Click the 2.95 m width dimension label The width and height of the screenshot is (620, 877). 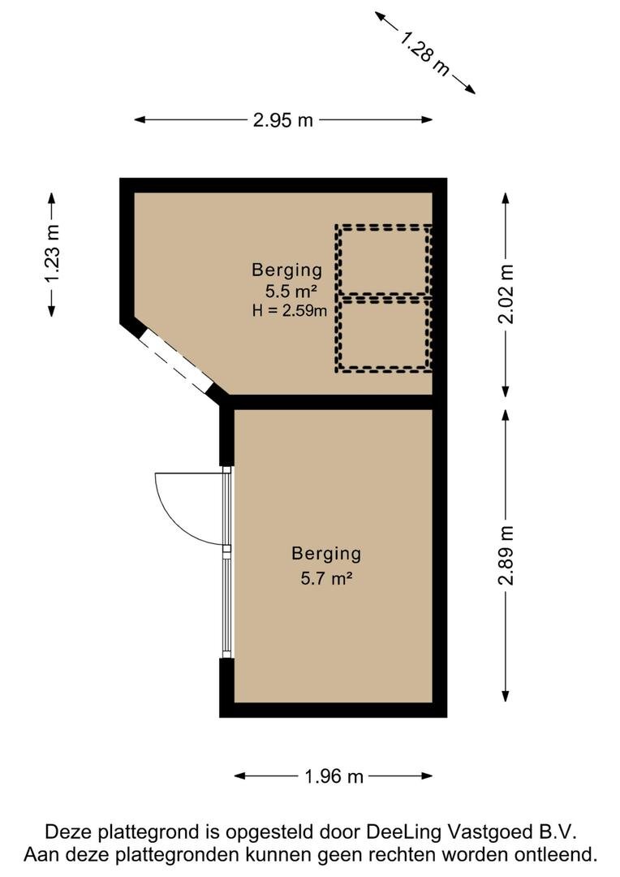283,119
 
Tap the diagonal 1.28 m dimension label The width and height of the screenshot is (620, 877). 425,53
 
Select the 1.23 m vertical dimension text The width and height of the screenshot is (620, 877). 52,254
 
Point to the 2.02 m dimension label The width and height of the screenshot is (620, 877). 506,294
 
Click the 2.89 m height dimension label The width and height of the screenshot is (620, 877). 506,555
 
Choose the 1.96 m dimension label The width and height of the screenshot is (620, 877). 334,776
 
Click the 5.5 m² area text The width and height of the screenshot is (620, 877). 291,291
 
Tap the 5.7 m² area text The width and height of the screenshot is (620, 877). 326,577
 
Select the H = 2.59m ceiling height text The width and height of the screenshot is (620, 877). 289,310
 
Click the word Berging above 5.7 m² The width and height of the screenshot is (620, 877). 326,554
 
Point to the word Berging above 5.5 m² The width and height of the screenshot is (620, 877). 286,270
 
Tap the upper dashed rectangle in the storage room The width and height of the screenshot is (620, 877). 384,260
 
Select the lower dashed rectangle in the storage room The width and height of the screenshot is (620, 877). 384,335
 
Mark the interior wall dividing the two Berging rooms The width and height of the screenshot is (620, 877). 332,402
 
